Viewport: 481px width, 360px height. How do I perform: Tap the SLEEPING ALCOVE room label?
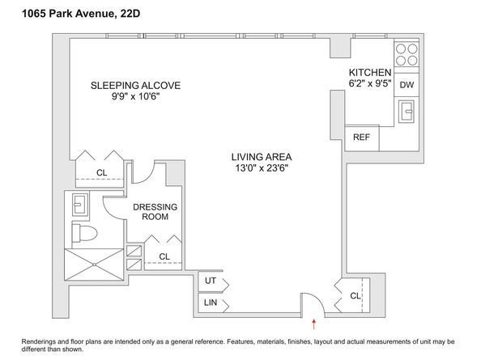click(134, 85)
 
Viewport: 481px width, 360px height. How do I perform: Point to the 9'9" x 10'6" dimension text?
click(134, 97)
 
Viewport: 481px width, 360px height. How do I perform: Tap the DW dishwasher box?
click(407, 84)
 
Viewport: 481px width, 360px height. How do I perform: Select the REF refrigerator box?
click(361, 138)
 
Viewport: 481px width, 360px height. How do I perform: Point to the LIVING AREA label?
click(261, 157)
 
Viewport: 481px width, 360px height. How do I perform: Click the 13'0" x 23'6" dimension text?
click(261, 169)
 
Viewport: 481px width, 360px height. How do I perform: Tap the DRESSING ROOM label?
click(154, 212)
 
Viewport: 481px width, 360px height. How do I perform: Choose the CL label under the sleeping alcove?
click(101, 172)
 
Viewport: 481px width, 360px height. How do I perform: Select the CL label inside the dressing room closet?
click(164, 256)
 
